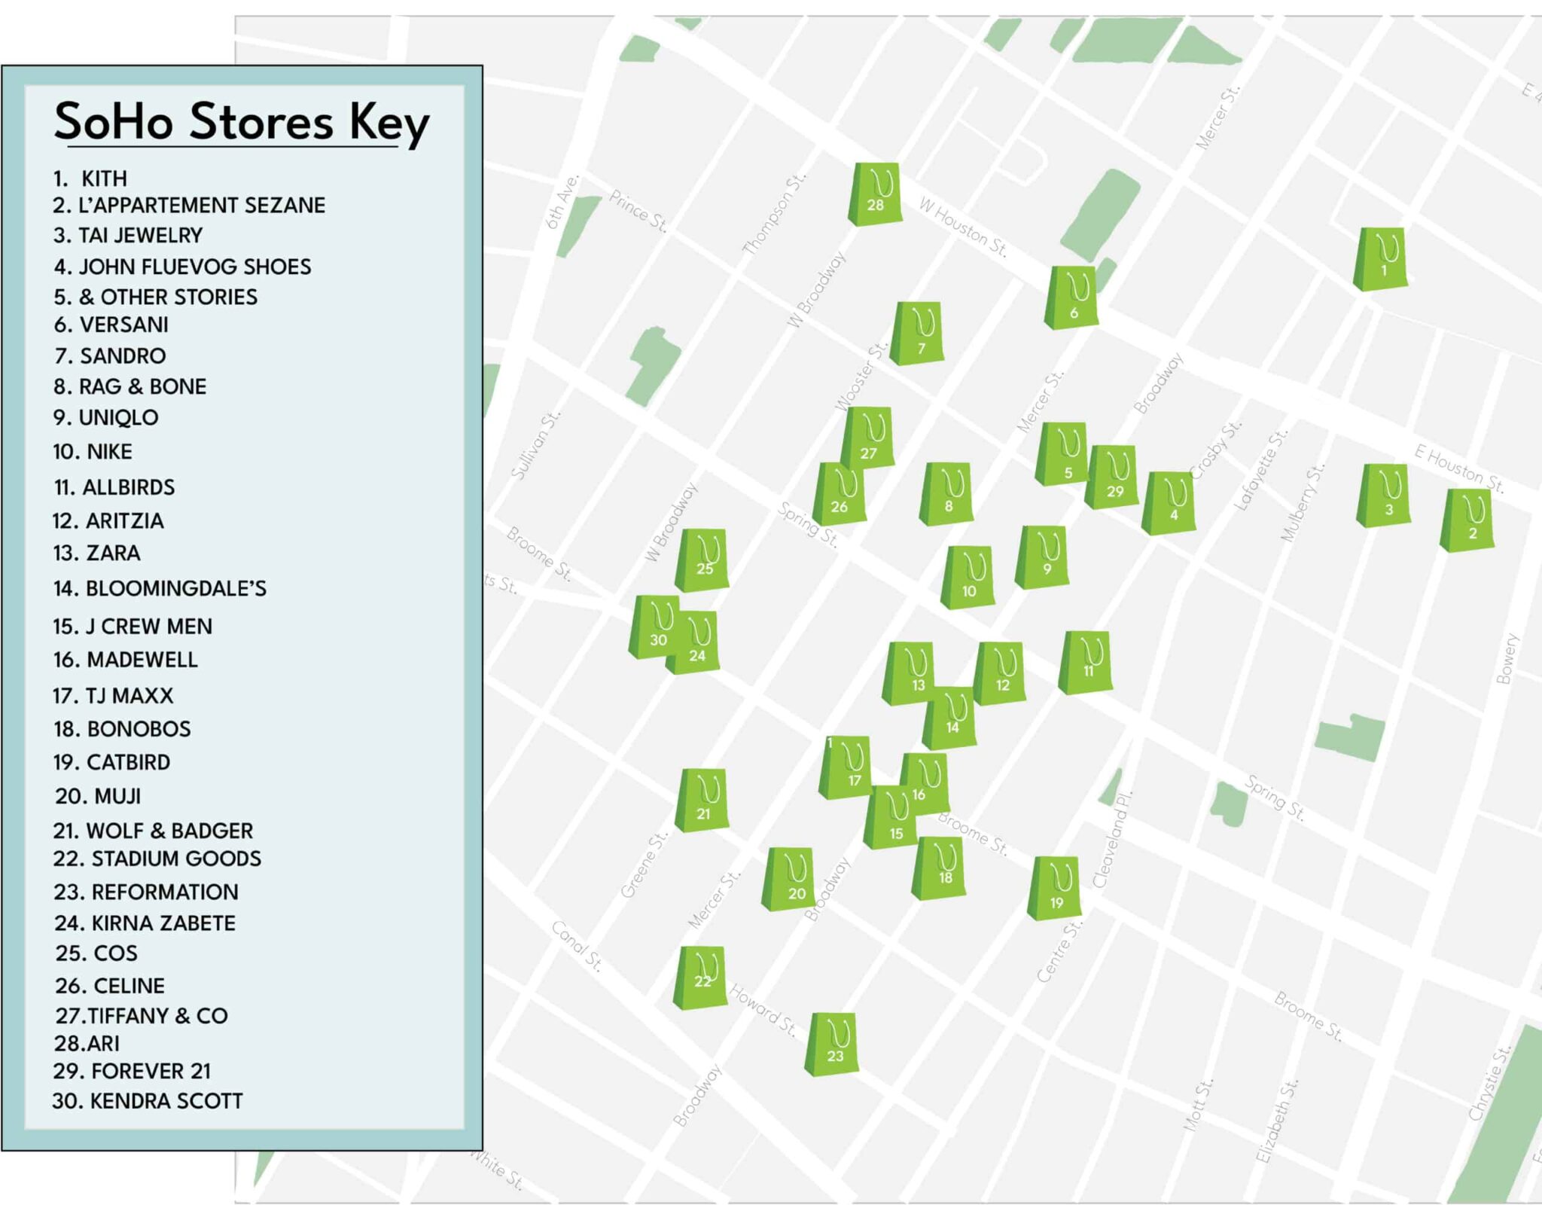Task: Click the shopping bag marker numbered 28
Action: pyautogui.click(x=875, y=194)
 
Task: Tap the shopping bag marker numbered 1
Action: pyautogui.click(x=1381, y=259)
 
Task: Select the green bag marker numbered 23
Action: pyautogui.click(x=833, y=1045)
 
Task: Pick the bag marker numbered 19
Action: pyautogui.click(x=1056, y=888)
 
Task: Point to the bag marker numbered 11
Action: pyautogui.click(x=1086, y=662)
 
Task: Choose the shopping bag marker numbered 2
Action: pyautogui.click(x=1467, y=520)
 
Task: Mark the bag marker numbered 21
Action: pyautogui.click(x=702, y=800)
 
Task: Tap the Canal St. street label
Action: pyautogui.click(x=577, y=946)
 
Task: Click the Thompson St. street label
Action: pyautogui.click(x=774, y=213)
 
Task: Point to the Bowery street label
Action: pyautogui.click(x=1507, y=659)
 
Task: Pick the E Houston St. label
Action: pyautogui.click(x=1458, y=468)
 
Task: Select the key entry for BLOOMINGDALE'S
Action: pyautogui.click(x=160, y=588)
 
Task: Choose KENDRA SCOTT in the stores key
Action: pyautogui.click(x=148, y=1101)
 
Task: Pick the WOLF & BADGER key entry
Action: pyautogui.click(x=153, y=831)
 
